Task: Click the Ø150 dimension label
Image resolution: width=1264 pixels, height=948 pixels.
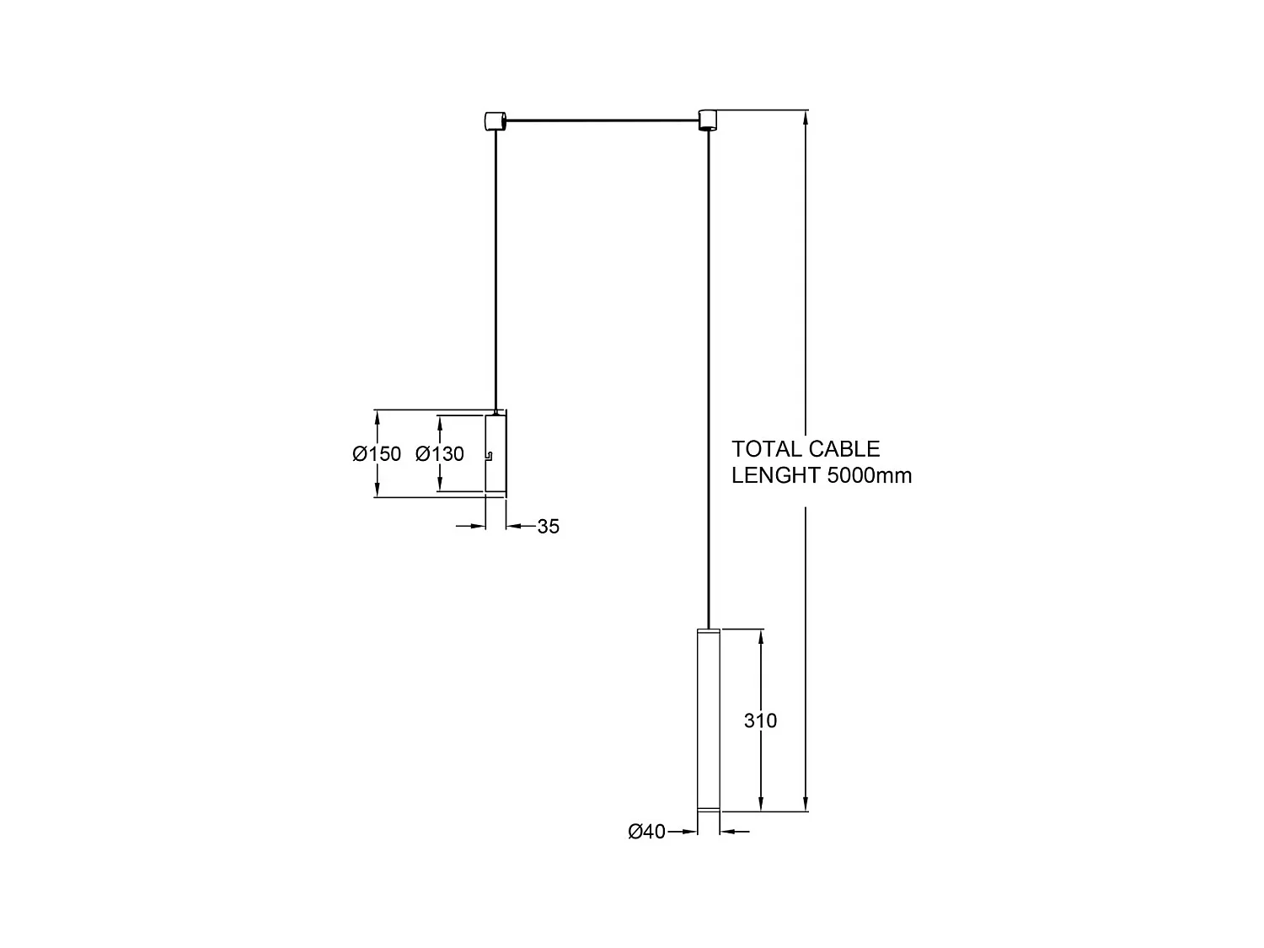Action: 377,454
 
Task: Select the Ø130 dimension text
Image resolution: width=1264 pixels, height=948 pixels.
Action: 439,454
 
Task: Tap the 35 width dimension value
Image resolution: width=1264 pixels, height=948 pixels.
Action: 548,527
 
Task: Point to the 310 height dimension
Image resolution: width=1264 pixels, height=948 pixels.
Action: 760,720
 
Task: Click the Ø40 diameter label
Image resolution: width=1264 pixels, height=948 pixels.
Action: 646,832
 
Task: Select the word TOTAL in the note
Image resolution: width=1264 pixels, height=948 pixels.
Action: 766,448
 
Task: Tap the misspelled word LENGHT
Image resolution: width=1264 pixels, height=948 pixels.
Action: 776,475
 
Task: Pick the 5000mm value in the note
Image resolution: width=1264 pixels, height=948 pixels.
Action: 870,475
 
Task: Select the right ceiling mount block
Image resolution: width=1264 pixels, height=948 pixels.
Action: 707,120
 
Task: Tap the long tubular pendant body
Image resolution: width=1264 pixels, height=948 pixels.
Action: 708,716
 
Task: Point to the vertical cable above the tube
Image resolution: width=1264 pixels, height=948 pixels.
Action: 709,379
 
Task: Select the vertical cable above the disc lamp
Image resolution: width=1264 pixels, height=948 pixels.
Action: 496,270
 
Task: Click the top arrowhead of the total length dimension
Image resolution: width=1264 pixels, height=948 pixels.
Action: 806,117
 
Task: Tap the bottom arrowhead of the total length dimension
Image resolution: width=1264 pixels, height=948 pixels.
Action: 806,804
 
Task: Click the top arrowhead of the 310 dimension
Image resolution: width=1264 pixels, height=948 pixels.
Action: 761,636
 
